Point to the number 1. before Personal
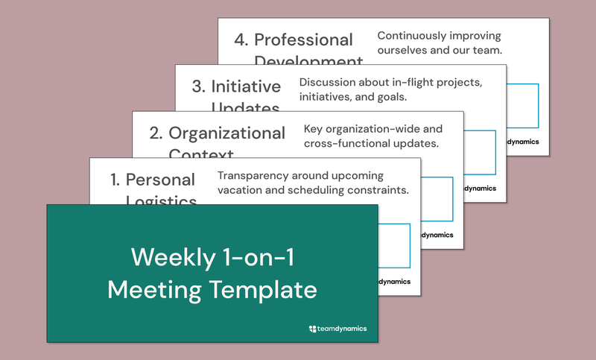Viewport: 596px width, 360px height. click(115, 180)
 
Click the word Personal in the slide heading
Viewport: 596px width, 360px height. click(160, 180)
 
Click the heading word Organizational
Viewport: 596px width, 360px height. click(226, 133)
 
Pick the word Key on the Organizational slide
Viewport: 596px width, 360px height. click(314, 129)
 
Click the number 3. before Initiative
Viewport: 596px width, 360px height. click(198, 86)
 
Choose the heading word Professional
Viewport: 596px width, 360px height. click(303, 40)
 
